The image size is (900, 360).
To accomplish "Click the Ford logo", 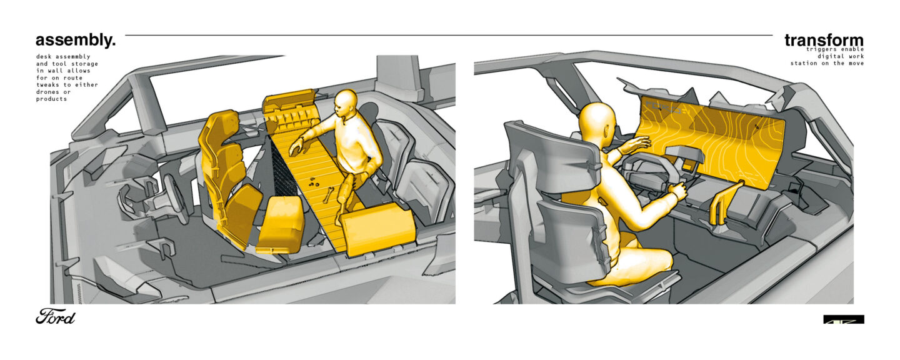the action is tap(56, 317).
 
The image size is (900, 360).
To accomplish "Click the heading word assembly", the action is tap(75, 41).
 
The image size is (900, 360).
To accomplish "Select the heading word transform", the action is tap(824, 40).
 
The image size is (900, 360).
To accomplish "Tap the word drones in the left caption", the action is tap(47, 92).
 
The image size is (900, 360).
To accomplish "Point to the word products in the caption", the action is tap(51, 99).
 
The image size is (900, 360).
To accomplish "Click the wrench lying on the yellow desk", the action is tap(328, 195).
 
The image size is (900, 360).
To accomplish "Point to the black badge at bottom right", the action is tap(844, 319).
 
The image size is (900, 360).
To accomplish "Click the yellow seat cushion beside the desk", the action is tap(281, 224).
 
